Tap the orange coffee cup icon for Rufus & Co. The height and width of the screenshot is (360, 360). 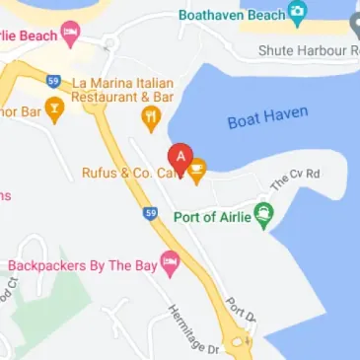coord(196,172)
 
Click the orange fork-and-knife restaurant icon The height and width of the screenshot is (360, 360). coord(151,119)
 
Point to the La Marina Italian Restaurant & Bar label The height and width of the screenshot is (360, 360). coord(123,90)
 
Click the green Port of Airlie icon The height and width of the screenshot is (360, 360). coord(263,214)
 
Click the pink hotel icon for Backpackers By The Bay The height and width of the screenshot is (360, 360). coord(170,263)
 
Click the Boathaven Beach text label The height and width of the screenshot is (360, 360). coord(230,16)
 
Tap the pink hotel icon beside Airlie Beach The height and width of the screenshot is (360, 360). coord(69,36)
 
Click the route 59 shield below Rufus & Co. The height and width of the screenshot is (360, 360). coord(149,211)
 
